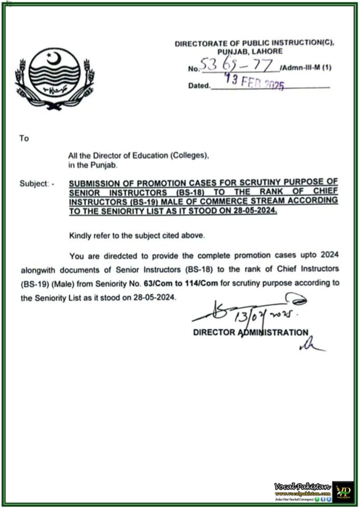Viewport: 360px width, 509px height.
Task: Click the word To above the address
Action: pos(24,139)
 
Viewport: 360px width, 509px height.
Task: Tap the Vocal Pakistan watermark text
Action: pos(302,486)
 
